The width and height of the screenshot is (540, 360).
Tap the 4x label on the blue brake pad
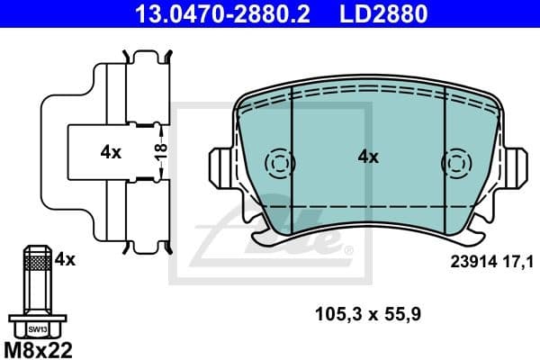[x=368, y=157]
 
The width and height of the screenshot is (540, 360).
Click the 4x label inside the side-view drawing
[x=110, y=152]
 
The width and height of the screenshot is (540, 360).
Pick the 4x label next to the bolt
[x=64, y=259]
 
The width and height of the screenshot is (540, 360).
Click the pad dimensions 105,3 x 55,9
[x=369, y=314]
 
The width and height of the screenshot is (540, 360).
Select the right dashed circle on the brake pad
[x=454, y=163]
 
